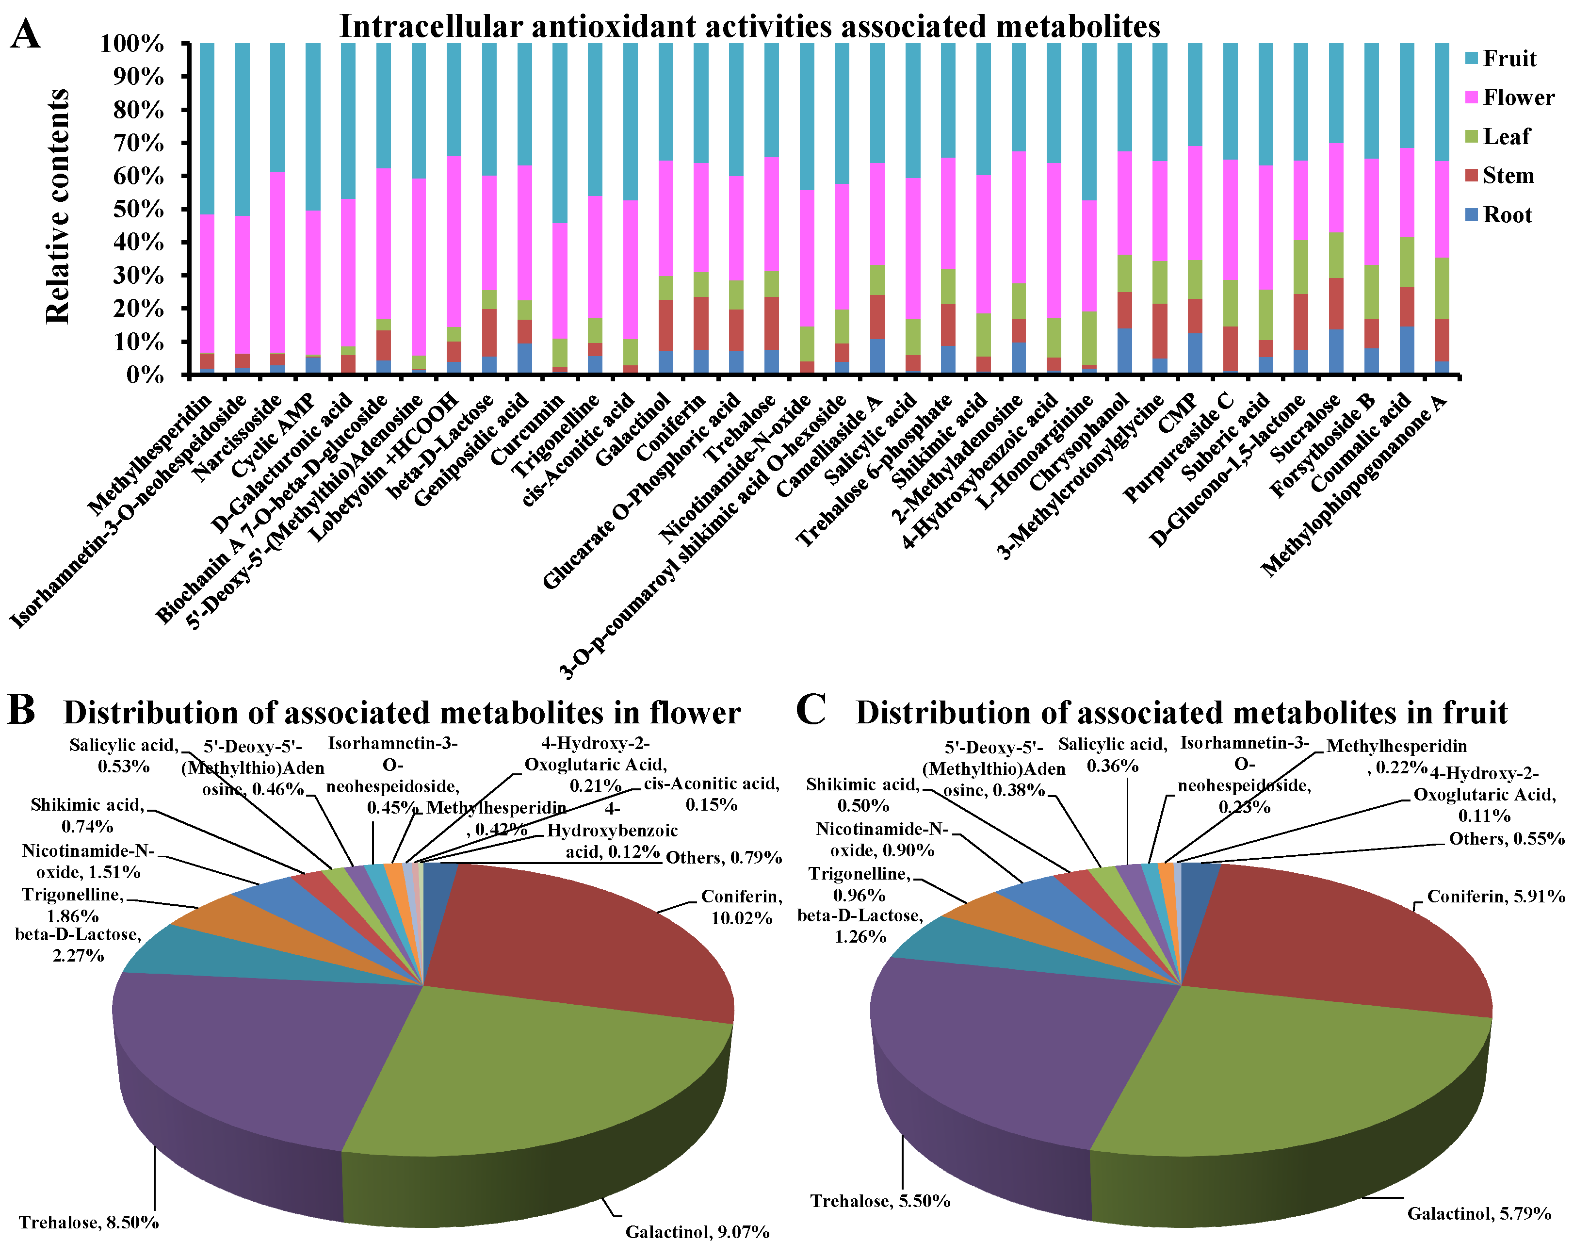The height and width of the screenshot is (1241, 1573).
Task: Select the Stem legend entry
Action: pos(1507,176)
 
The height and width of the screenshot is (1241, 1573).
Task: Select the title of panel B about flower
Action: pos(402,713)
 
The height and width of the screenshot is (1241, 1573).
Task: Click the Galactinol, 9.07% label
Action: pos(697,1232)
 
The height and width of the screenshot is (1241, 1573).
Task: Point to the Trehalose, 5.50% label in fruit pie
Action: pos(880,1201)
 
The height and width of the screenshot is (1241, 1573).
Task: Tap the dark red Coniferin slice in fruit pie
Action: pos(1344,937)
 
